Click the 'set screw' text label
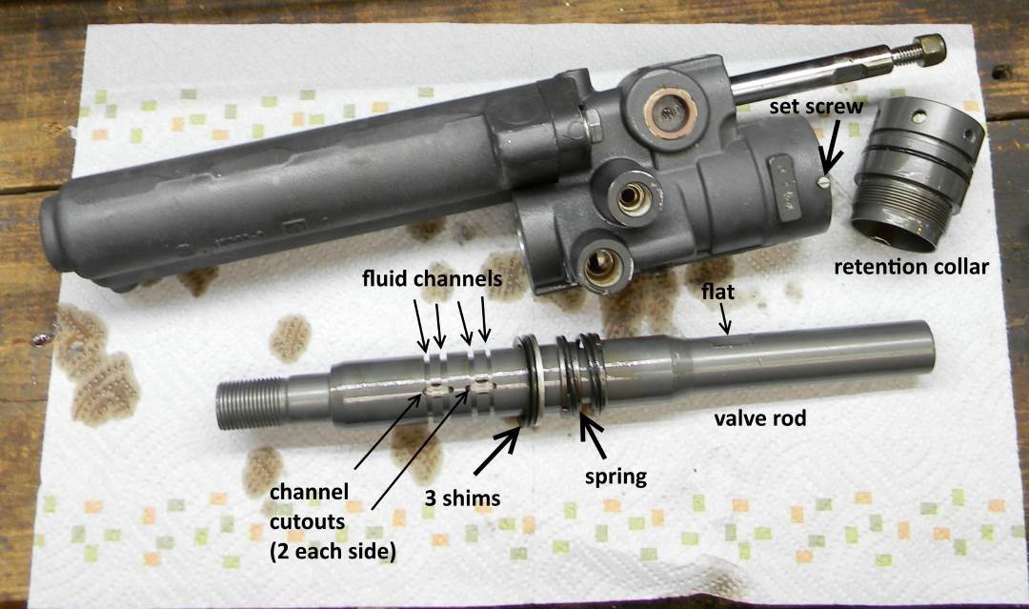click(x=816, y=107)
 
